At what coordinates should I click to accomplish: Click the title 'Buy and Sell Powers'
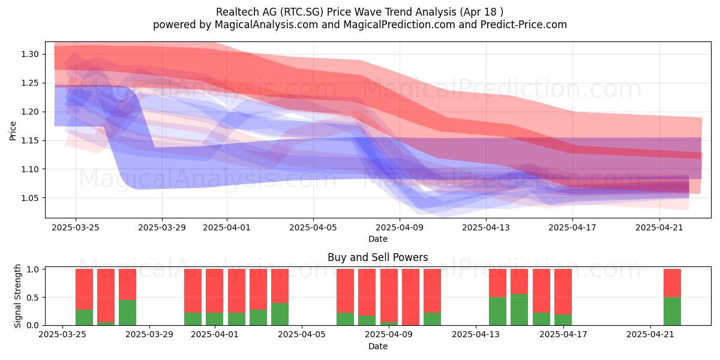coord(377,257)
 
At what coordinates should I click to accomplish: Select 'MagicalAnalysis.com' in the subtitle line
coord(266,25)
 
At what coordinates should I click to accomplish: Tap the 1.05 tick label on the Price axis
coord(30,198)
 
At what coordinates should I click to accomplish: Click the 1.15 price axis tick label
coord(30,140)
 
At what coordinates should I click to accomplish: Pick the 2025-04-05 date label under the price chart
coord(313,227)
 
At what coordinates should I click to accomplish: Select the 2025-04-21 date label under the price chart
coord(659,227)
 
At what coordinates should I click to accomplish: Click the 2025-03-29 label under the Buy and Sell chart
coord(149,334)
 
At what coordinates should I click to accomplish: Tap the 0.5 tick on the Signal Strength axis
coord(34,298)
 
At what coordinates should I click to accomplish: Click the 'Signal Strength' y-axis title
coord(17,296)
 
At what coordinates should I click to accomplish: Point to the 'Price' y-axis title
coord(13,131)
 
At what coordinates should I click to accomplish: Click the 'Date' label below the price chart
coord(377,239)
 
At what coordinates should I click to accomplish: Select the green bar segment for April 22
coord(672,311)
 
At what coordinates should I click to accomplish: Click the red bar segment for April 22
coord(672,283)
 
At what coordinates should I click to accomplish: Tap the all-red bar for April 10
coord(410,297)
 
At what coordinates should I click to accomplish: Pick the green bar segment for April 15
coord(519,310)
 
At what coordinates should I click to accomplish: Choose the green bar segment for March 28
coord(127,313)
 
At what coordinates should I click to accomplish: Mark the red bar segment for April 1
coord(214,291)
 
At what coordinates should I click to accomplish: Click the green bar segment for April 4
coord(280,314)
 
